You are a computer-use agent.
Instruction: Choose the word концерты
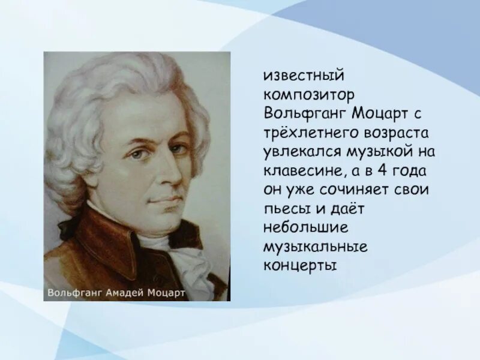point(298,265)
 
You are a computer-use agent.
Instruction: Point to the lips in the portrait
point(167,200)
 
